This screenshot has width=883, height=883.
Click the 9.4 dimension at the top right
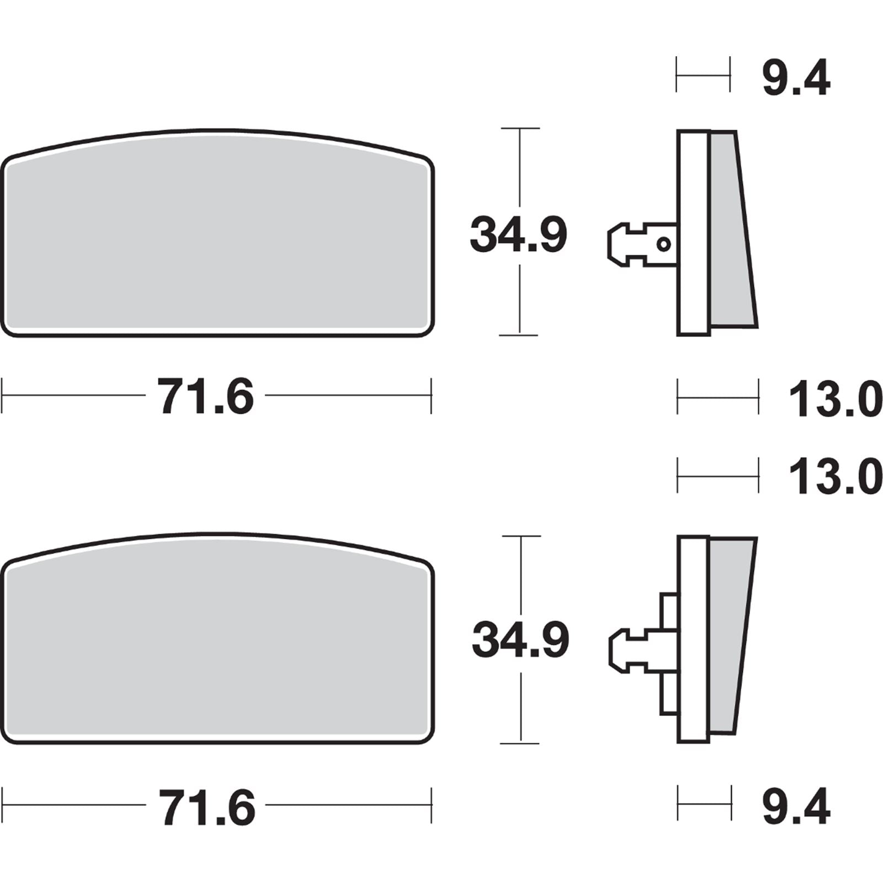pyautogui.click(x=796, y=80)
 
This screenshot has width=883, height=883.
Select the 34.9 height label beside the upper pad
pyautogui.click(x=518, y=236)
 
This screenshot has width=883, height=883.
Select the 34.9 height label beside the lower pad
pyautogui.click(x=520, y=640)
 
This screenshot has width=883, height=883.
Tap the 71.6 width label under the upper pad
pyautogui.click(x=205, y=396)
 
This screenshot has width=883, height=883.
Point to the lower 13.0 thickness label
pyautogui.click(x=835, y=477)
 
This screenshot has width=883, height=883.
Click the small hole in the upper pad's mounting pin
pyautogui.click(x=664, y=244)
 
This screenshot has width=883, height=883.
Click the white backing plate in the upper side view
pyautogui.click(x=693, y=232)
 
